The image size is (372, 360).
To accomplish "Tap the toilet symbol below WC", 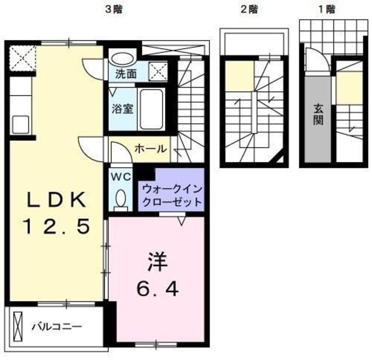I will (x=121, y=199).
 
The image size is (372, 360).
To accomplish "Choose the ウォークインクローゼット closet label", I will (x=171, y=196).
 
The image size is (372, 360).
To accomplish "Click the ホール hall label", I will (x=151, y=149).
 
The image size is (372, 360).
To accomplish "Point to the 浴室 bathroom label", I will (x=121, y=108).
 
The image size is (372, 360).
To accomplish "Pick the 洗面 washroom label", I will (x=125, y=74).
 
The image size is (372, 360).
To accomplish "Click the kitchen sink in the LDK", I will (x=19, y=124).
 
